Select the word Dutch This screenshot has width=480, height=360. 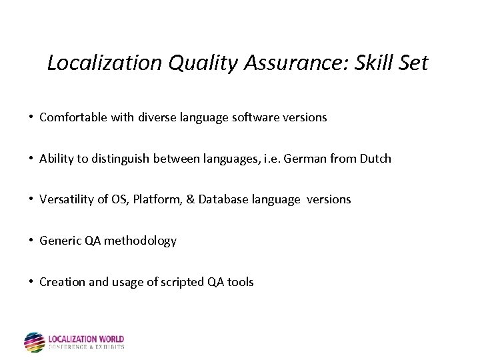375,159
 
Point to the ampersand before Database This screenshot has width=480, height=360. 191,199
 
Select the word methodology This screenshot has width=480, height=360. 141,241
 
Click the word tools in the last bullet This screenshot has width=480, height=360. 240,282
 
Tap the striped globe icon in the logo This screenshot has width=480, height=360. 34,342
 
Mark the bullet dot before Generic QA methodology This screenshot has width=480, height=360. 31,241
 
